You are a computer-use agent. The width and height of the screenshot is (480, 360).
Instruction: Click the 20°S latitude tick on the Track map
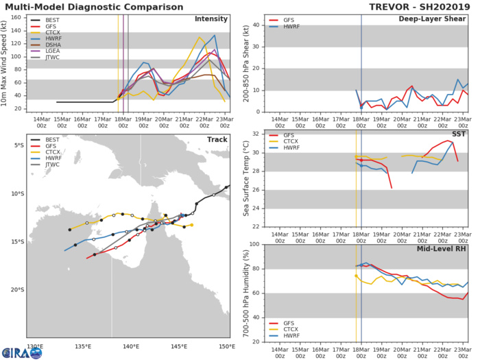(x=20, y=290)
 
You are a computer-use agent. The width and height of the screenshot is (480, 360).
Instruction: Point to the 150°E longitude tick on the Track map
(x=226, y=346)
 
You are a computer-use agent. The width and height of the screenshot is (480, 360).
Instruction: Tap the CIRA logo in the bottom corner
(x=21, y=352)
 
